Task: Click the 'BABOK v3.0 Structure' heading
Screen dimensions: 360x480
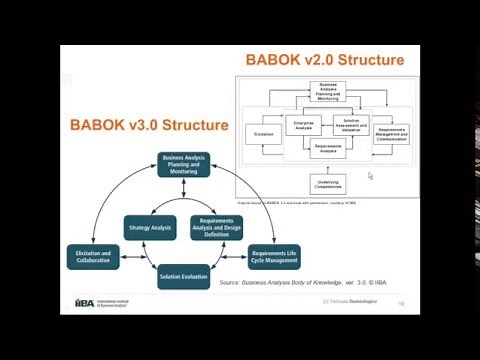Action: point(149,126)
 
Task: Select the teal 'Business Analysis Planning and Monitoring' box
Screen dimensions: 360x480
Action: point(184,165)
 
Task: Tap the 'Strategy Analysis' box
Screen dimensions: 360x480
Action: point(150,228)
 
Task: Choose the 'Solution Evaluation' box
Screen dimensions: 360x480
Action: point(184,276)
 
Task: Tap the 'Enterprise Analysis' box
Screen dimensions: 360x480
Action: point(304,126)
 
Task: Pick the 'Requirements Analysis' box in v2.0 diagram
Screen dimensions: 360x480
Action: point(329,149)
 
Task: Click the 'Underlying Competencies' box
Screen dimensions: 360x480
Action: point(329,184)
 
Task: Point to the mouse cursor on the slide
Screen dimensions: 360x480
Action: point(370,176)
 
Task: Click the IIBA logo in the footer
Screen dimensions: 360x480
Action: point(85,303)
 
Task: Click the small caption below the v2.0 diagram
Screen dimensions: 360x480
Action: point(290,203)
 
